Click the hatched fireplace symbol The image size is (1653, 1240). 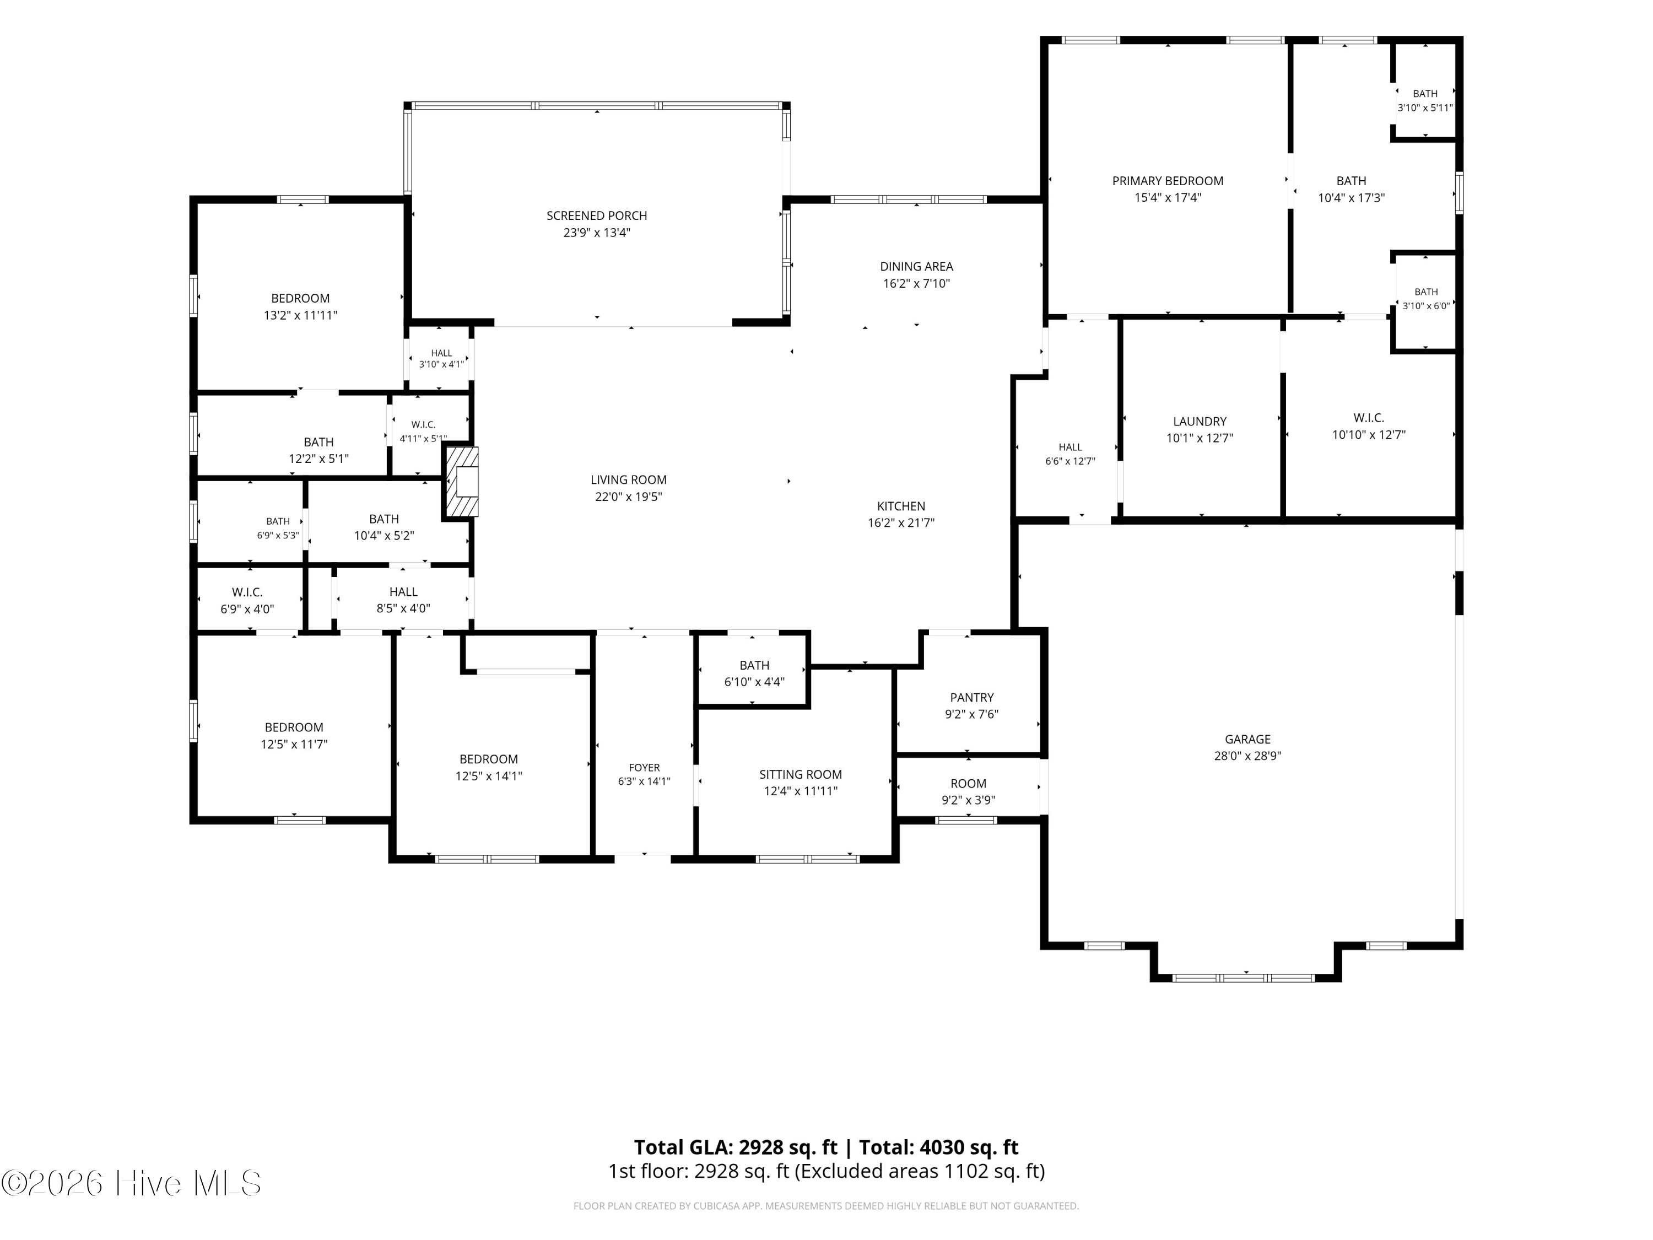[x=462, y=481]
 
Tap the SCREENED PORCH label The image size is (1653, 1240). [x=596, y=216]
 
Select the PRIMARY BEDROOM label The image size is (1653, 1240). [x=1167, y=181]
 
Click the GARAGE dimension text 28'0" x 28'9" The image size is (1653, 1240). [x=1247, y=756]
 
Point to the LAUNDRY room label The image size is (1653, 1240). [x=1200, y=422]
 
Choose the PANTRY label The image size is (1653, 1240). [x=971, y=697]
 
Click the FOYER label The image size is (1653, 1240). [x=644, y=768]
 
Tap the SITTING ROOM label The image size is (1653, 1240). [x=801, y=774]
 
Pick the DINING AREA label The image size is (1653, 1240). [x=916, y=267]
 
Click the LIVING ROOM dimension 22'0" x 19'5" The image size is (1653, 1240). [x=629, y=497]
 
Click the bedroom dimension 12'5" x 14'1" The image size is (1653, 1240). [x=489, y=777]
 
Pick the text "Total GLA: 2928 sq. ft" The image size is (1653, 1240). [x=736, y=1147]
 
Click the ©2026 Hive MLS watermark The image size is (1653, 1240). [x=132, y=1183]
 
